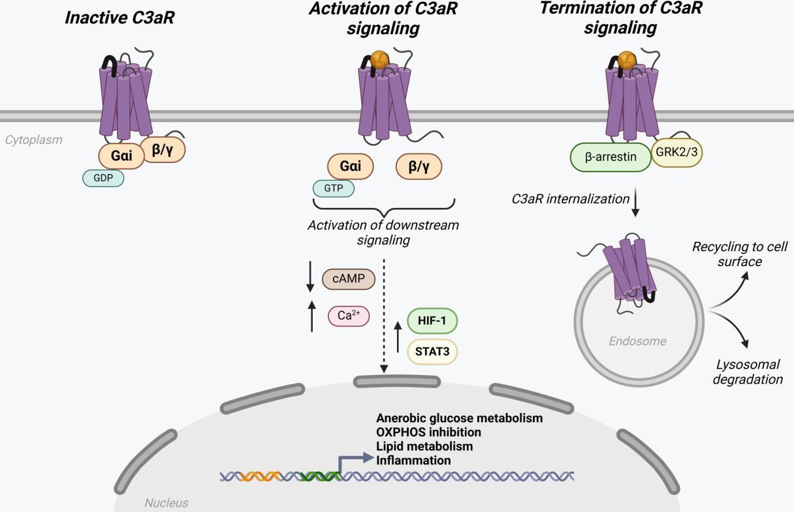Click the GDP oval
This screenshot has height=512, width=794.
click(x=103, y=178)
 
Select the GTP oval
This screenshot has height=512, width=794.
click(x=333, y=188)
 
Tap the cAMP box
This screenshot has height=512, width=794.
click(x=349, y=280)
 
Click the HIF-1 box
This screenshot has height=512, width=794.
click(x=432, y=321)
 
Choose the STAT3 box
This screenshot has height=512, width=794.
click(x=432, y=352)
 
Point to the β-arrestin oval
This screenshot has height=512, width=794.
click(x=611, y=157)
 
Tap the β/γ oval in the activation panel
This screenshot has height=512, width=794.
click(x=419, y=166)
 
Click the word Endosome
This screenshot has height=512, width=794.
click(x=637, y=341)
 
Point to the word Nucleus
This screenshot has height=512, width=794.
click(x=166, y=503)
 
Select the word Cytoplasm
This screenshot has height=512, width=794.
click(x=34, y=140)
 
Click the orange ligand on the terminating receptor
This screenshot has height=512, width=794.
click(x=627, y=60)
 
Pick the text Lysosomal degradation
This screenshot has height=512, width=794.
click(x=747, y=372)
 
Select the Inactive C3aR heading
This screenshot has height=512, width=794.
click(x=119, y=18)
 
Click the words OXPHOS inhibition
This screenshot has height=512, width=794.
click(x=428, y=432)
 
